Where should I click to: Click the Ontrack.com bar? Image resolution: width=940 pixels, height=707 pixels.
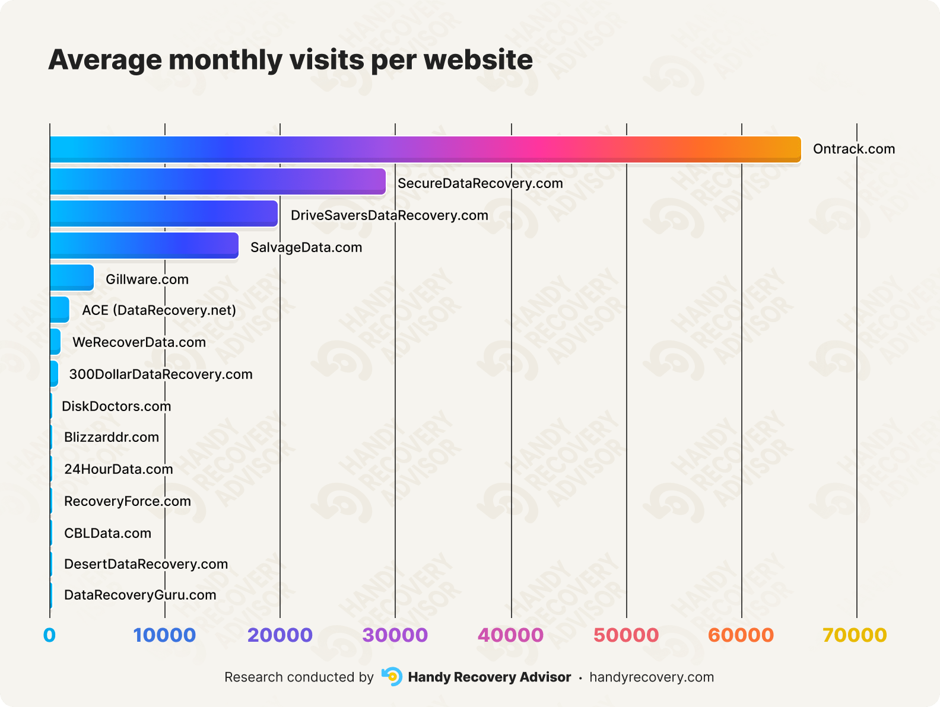pos(425,149)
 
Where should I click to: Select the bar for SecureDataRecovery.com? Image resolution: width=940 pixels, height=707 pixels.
pos(217,181)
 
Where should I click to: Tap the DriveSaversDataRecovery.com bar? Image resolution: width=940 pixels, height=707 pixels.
pos(163,214)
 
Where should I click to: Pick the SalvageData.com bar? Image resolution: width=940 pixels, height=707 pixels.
pos(144,246)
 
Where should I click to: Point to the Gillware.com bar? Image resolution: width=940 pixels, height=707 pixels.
pos(71,278)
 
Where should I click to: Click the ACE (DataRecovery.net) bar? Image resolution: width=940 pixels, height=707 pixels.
pos(59,310)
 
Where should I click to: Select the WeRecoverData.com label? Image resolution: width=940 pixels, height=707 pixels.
pos(139,342)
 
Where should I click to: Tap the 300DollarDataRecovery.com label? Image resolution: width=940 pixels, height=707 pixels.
pos(161,374)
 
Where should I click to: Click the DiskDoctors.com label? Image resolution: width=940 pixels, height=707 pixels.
pos(116,406)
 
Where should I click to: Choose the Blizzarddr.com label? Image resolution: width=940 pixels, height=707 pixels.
pos(112,437)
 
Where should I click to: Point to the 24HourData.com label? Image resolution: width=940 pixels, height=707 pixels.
pos(119,469)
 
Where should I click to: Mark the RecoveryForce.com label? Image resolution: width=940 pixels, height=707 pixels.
pos(128,501)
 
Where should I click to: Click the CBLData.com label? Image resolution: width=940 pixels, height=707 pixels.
pos(107,533)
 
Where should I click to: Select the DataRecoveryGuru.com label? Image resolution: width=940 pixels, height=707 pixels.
pos(140,595)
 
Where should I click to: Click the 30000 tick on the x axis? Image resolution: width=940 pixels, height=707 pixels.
pos(395,635)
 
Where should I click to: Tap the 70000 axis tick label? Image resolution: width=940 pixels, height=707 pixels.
pos(855,635)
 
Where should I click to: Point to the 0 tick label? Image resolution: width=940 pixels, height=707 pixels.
pos(49,635)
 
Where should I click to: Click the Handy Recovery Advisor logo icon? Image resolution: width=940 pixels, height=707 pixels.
pos(392,677)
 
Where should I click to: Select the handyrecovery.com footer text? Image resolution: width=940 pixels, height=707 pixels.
pos(652,677)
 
